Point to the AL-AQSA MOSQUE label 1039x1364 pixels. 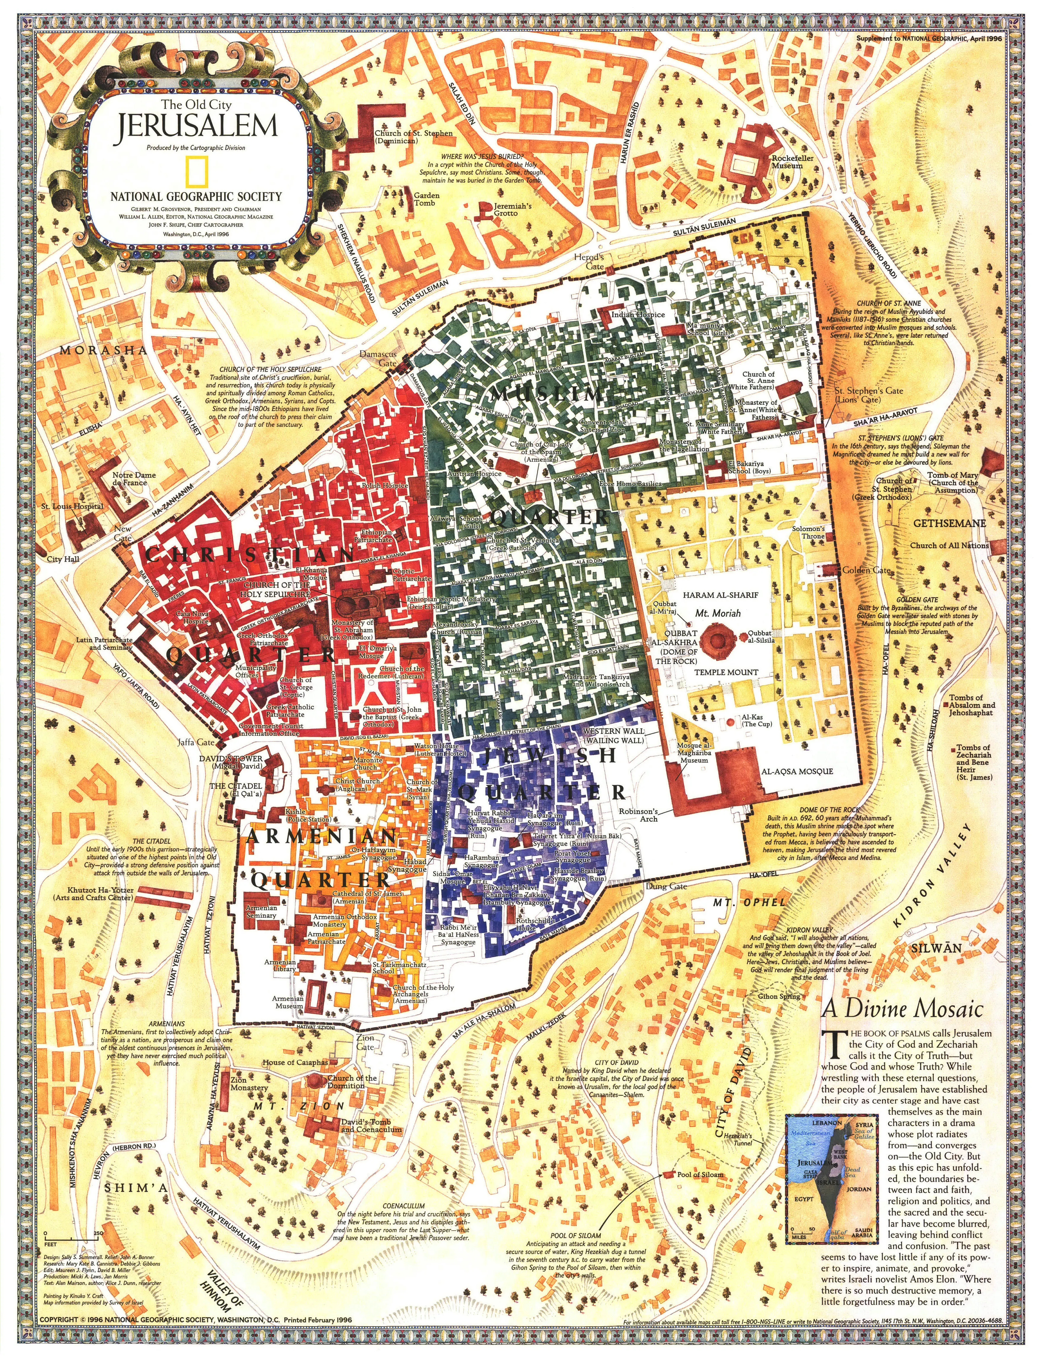click(796, 772)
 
